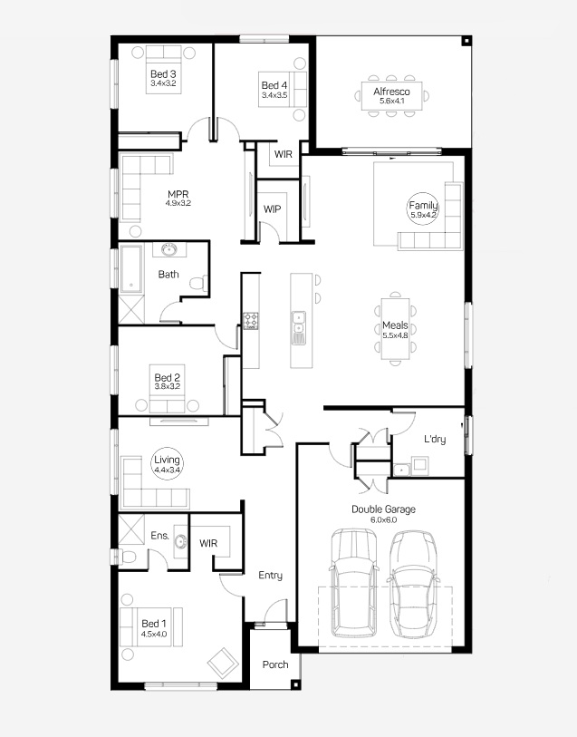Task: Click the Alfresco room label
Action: click(x=391, y=92)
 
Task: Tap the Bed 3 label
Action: click(x=163, y=73)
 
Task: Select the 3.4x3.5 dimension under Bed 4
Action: click(x=274, y=95)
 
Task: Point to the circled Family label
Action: click(x=422, y=208)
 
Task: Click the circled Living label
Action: click(x=167, y=463)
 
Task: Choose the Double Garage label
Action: click(x=383, y=509)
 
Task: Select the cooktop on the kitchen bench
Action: click(x=251, y=321)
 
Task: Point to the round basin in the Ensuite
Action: click(x=180, y=541)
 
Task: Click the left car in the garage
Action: click(x=353, y=583)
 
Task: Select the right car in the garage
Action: click(x=413, y=585)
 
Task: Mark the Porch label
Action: click(x=275, y=664)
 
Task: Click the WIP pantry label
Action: click(x=273, y=209)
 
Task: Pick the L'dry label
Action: click(x=435, y=439)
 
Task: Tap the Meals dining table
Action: click(x=395, y=328)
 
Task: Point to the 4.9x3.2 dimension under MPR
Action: click(x=178, y=204)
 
